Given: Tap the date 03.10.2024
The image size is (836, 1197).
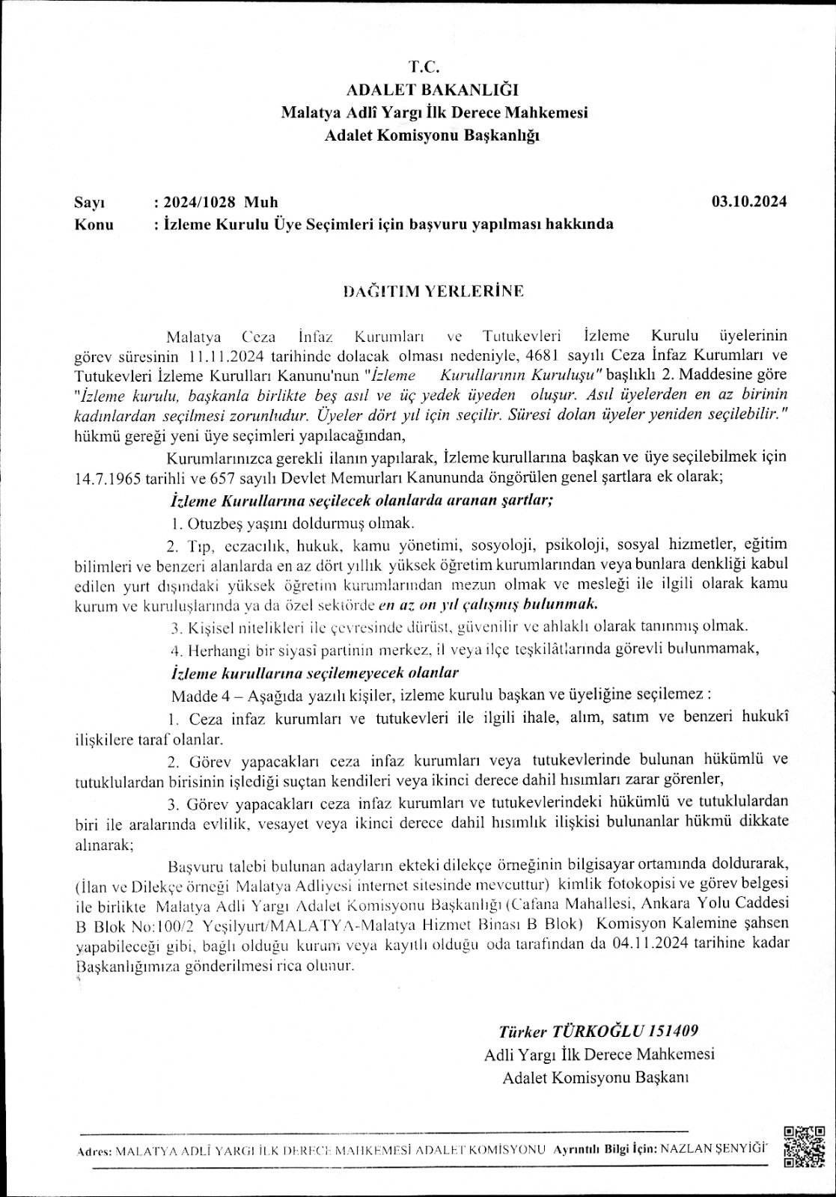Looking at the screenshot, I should click(748, 202).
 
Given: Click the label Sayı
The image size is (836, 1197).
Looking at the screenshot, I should click(89, 203).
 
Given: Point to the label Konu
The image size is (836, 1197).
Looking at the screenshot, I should click(94, 224).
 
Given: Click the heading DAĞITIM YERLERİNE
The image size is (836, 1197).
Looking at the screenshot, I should click(433, 291).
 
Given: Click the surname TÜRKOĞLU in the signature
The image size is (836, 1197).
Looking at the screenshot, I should click(593, 1030).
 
